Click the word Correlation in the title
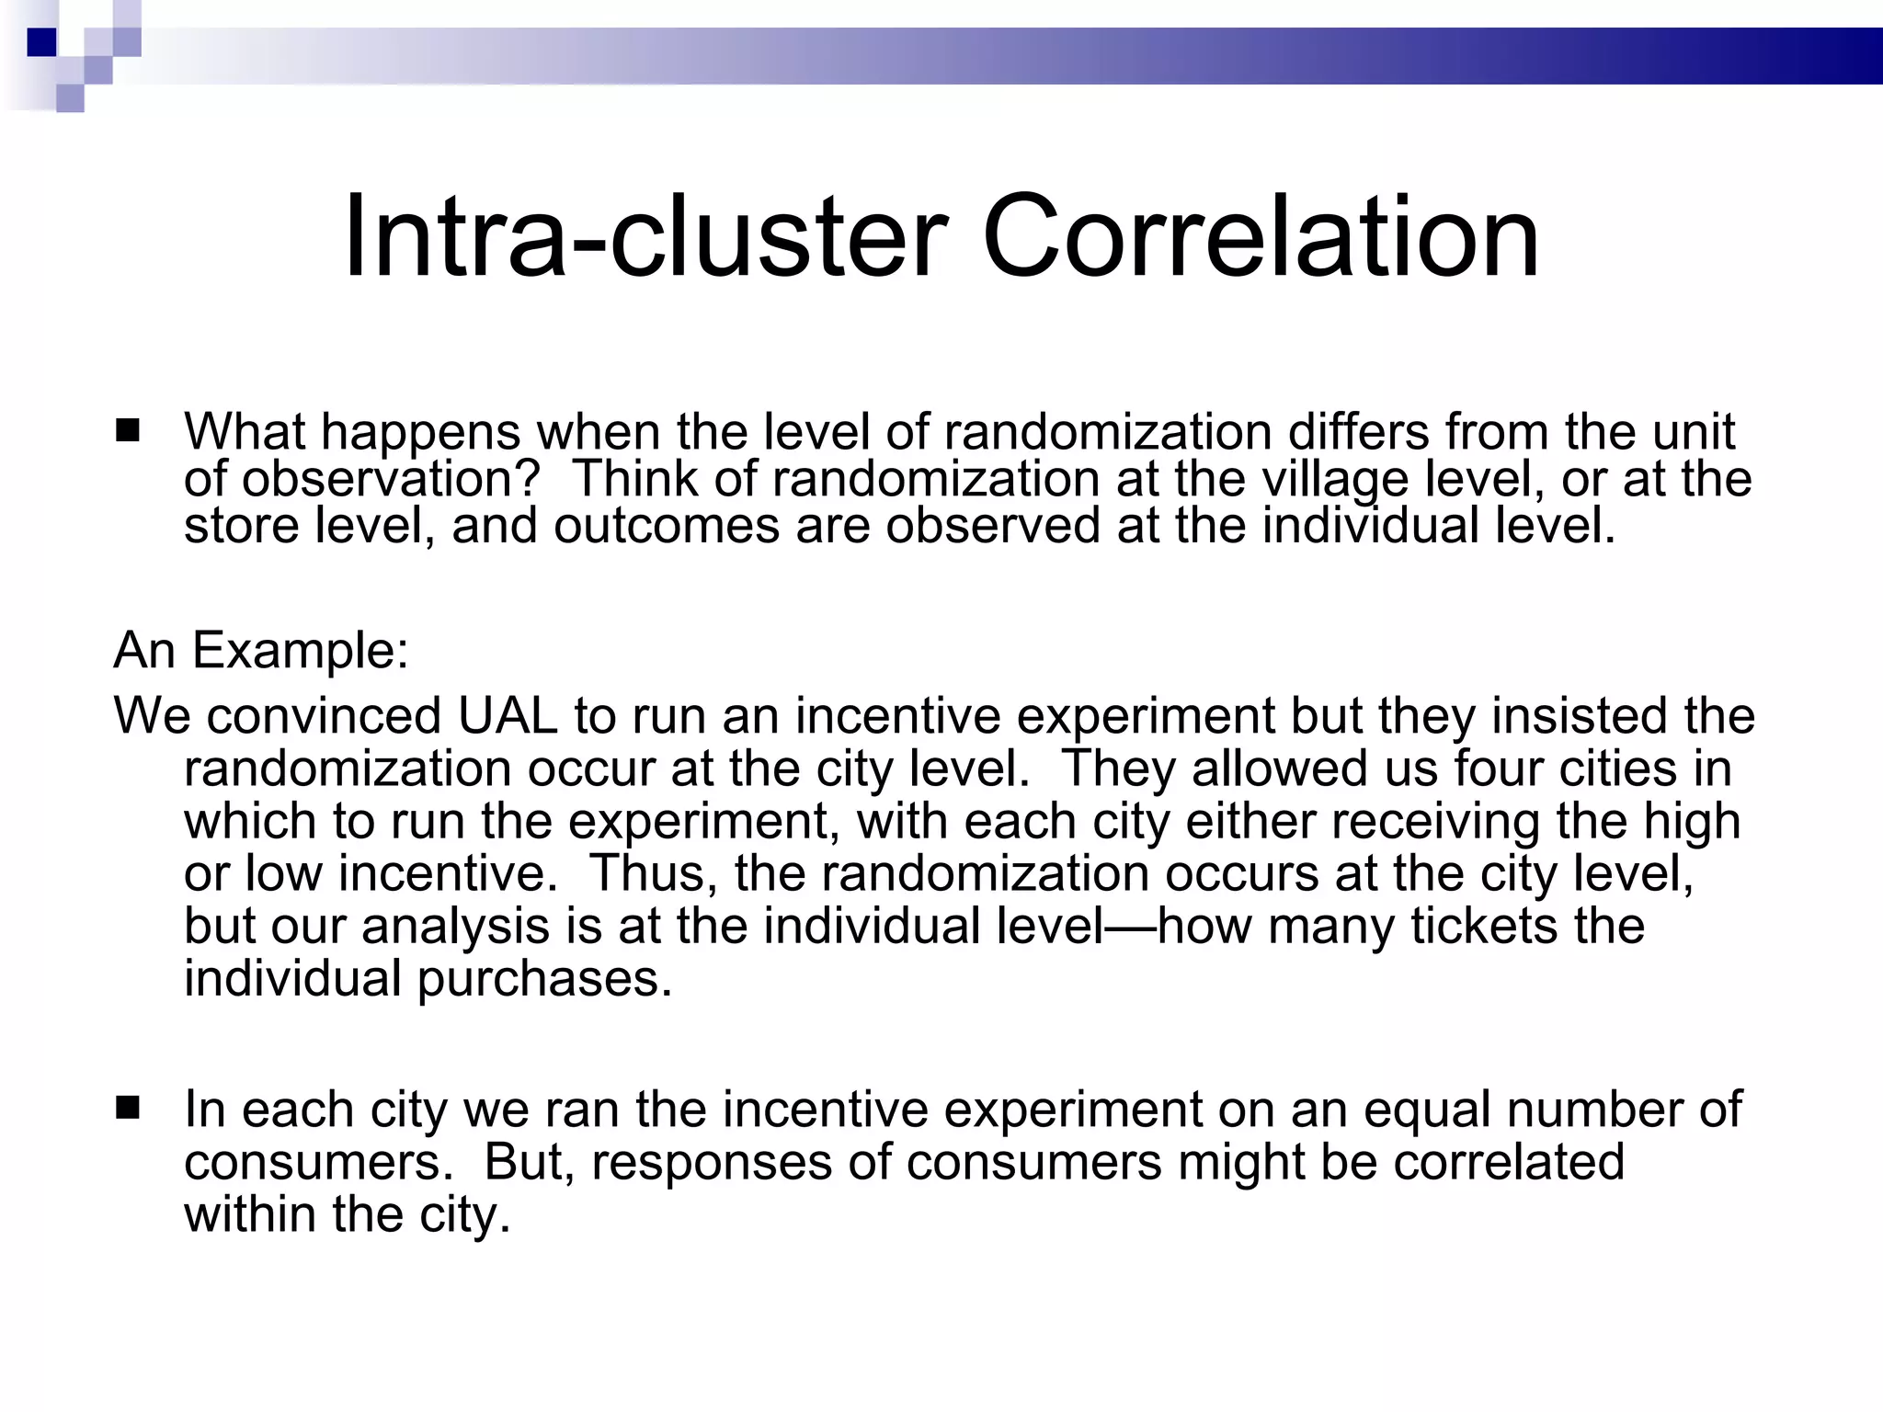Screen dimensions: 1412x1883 coord(1261,236)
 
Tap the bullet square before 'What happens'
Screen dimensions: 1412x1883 coord(128,430)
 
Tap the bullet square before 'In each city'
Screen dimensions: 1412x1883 coord(128,1108)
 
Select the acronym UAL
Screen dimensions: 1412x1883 coord(508,715)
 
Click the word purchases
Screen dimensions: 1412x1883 coord(544,978)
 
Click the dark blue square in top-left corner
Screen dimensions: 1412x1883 coord(42,42)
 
